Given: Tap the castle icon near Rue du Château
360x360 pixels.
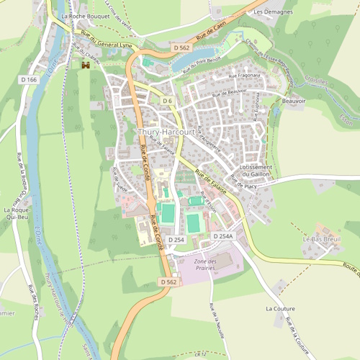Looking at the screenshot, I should (85, 66).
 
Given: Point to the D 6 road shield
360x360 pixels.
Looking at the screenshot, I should (167, 100).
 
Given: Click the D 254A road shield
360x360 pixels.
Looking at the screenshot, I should (223, 236).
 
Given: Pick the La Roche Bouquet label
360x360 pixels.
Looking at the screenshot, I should (81, 15).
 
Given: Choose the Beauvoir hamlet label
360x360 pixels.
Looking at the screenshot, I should (294, 102).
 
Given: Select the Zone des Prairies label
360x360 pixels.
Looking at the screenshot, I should (206, 264).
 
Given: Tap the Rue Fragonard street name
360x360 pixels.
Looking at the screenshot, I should (244, 75).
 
